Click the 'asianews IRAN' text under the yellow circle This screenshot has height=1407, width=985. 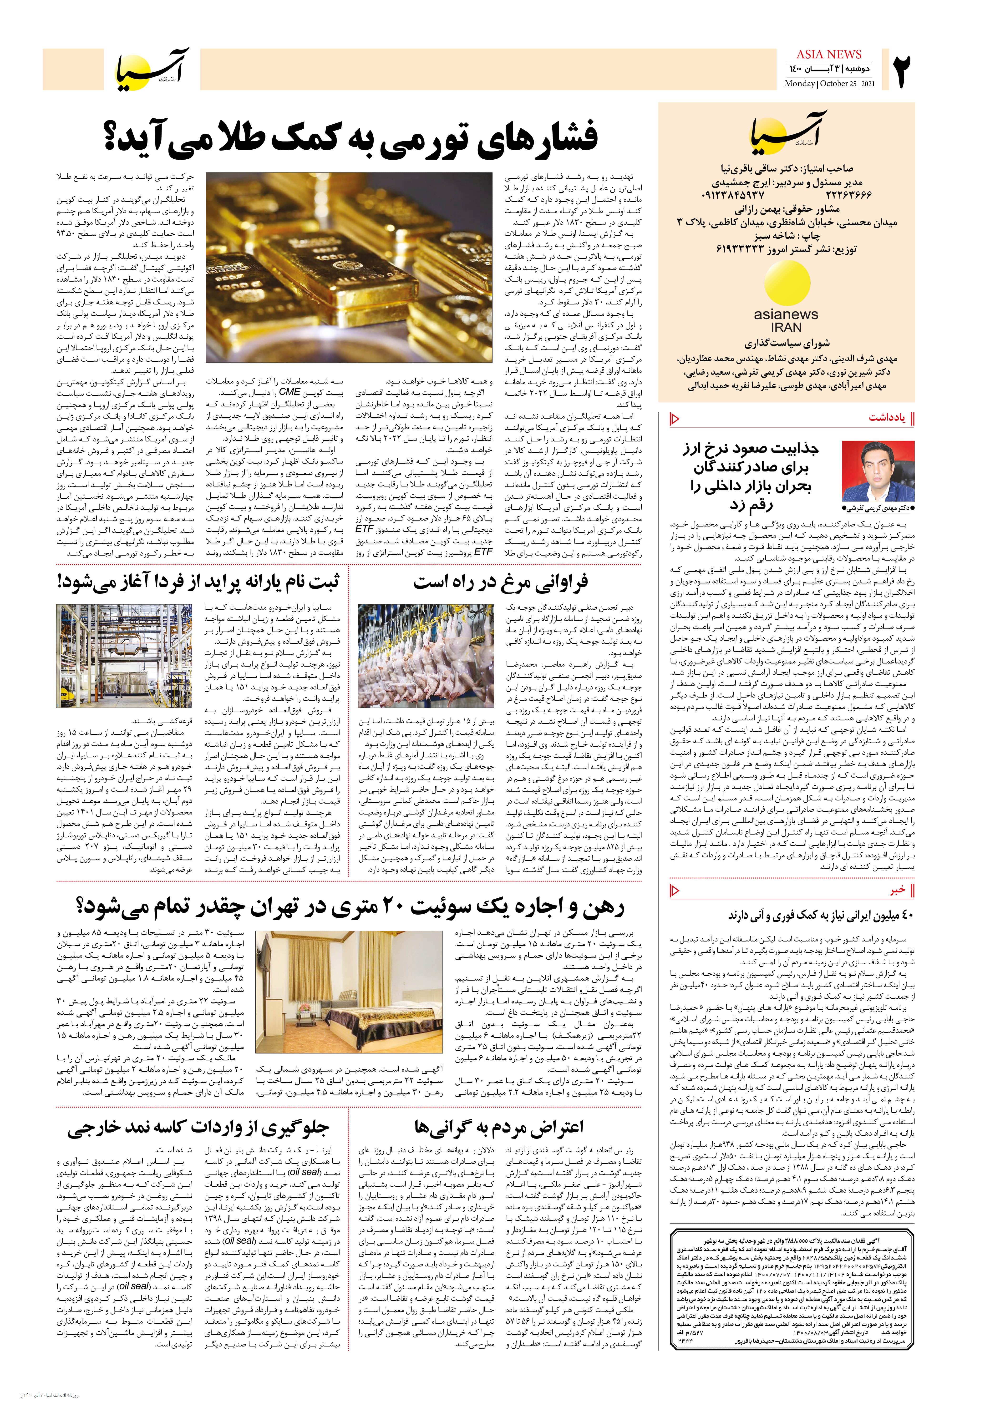point(786,320)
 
